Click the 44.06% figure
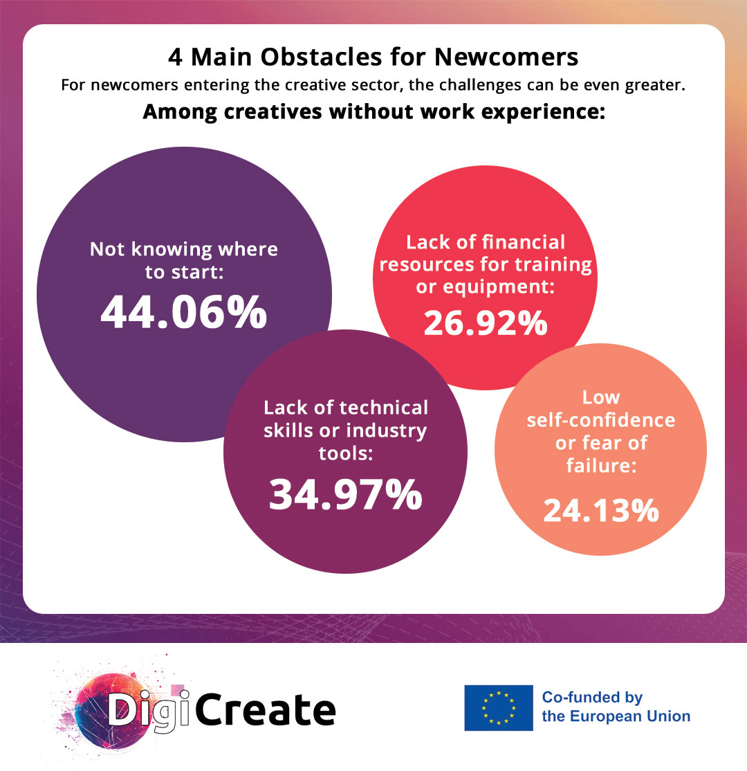(184, 313)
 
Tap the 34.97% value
(345, 494)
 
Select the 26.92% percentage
(486, 323)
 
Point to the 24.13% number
(600, 511)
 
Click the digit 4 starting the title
(175, 57)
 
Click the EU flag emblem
(498, 708)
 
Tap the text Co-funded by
(592, 697)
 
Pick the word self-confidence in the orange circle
(600, 419)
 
